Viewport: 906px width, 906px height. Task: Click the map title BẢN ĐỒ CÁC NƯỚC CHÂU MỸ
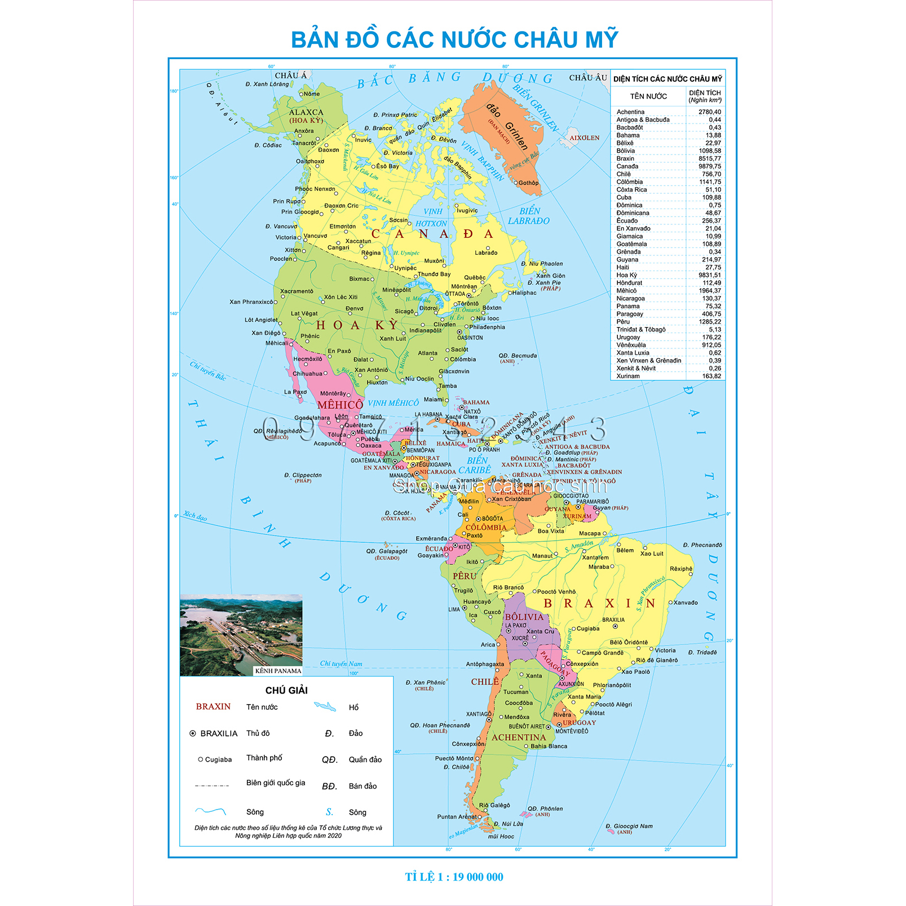(454, 39)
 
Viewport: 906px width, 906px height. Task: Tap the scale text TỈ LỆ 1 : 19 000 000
(454, 877)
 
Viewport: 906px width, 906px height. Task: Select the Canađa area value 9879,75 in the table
(709, 166)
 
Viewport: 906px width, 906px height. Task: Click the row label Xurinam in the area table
(627, 376)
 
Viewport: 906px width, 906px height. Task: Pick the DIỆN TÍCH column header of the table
(705, 96)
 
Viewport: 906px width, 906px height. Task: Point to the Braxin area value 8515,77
(709, 158)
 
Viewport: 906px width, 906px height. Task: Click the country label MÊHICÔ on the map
(340, 405)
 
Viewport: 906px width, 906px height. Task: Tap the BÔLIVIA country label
(524, 617)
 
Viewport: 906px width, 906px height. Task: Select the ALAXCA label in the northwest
(306, 113)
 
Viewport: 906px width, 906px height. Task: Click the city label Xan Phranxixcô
(251, 302)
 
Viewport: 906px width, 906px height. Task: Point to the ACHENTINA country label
(519, 737)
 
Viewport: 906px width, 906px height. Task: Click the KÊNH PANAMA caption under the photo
(278, 671)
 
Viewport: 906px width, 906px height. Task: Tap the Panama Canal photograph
(241, 631)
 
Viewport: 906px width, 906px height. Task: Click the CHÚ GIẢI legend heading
(286, 690)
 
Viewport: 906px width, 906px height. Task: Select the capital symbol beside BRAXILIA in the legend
(193, 733)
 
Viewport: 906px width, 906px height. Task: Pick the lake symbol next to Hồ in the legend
(325, 707)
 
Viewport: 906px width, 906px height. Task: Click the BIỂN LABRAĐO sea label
(529, 216)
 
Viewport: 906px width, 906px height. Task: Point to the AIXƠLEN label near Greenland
(584, 138)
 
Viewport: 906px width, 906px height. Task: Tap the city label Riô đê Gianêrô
(657, 660)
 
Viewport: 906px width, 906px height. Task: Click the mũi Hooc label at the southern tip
(501, 837)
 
